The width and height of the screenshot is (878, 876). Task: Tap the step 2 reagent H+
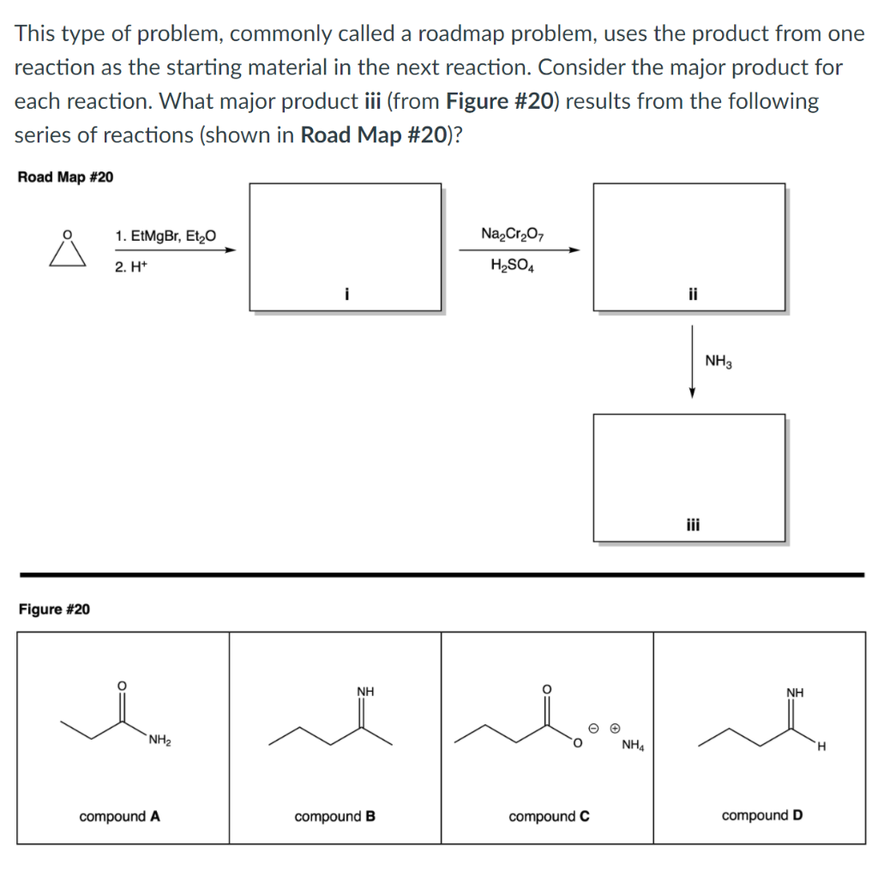point(129,267)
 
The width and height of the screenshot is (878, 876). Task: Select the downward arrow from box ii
point(691,361)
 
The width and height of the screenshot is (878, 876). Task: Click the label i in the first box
point(346,294)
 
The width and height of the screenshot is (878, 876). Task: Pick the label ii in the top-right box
point(690,294)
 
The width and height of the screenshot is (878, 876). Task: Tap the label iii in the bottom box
point(690,525)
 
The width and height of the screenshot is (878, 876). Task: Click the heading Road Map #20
point(65,177)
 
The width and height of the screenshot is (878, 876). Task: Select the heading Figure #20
point(53,609)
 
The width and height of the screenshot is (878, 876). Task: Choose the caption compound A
point(119,816)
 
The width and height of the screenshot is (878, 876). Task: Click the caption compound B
point(334,816)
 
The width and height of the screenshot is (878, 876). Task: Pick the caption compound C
point(549,816)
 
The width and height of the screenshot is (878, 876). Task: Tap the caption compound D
point(762,815)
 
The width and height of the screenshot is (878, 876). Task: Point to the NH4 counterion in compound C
point(632,744)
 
